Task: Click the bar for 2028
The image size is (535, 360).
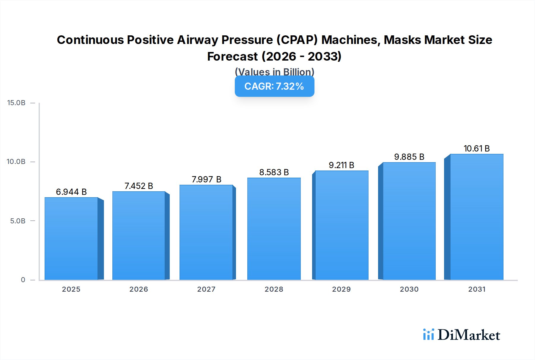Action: pos(274,229)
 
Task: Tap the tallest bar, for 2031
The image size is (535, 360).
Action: pos(477,217)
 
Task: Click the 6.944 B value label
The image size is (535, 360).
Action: pos(71,192)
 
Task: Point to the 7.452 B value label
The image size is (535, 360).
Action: pos(139,186)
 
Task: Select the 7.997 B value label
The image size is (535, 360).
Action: pos(206,179)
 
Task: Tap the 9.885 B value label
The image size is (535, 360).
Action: pos(409,157)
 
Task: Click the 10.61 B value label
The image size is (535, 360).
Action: pos(476,149)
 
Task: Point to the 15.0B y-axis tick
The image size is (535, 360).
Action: pos(16,103)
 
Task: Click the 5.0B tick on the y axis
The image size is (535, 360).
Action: pos(18,221)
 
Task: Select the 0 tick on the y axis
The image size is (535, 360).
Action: pos(23,280)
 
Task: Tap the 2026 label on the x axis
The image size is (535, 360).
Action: pos(139,289)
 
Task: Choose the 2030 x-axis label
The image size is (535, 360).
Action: pos(409,289)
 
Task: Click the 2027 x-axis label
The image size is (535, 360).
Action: pos(206,289)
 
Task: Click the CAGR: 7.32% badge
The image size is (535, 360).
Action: pos(274,86)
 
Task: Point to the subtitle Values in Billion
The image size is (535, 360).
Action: pos(274,72)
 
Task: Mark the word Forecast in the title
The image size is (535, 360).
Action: pos(232,56)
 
